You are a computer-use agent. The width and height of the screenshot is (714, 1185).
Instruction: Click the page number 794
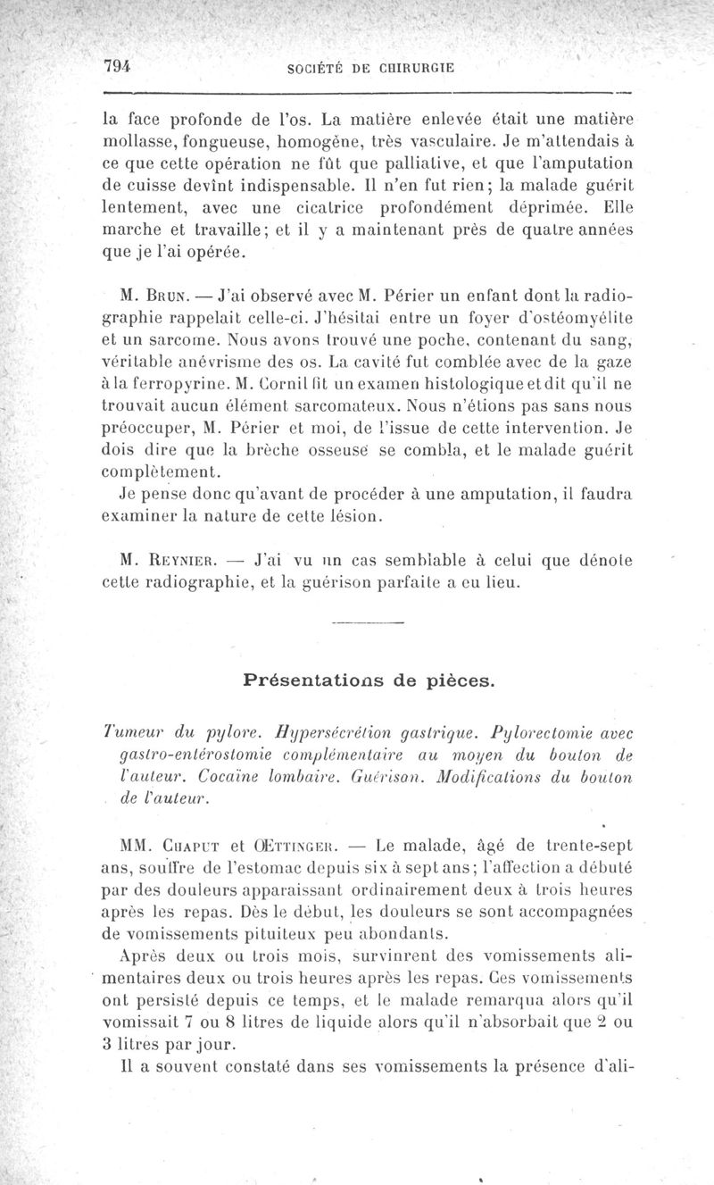coord(117,65)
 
